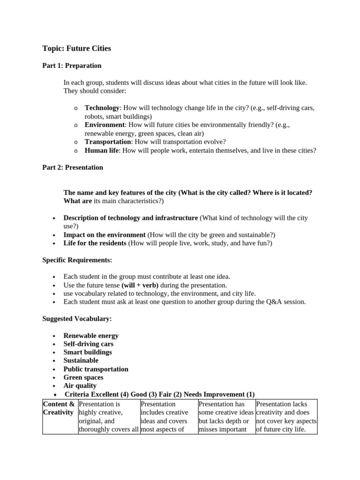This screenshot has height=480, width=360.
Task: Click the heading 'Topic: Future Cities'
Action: click(76, 48)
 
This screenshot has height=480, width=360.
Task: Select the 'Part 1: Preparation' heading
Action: click(72, 66)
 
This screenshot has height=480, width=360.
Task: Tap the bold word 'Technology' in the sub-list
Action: click(102, 108)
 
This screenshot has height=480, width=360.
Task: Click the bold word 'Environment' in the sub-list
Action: click(105, 125)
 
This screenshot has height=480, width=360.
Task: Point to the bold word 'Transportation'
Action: click(107, 142)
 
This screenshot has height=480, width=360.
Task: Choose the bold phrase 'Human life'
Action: click(101, 150)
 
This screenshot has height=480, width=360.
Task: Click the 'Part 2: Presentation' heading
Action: click(73, 167)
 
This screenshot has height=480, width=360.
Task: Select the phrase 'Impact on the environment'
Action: click(105, 235)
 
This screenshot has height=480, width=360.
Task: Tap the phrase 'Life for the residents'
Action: click(95, 243)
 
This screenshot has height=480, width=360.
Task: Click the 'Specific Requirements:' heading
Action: click(77, 260)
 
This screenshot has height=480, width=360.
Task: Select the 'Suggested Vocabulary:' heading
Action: click(77, 319)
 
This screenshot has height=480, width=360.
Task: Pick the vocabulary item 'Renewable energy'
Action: click(91, 336)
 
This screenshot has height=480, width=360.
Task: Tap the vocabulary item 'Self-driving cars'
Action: click(89, 344)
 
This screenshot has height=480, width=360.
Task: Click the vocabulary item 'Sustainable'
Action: click(81, 360)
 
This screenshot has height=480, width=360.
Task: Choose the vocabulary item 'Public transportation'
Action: click(96, 369)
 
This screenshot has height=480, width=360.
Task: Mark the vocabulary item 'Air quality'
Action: click(80, 386)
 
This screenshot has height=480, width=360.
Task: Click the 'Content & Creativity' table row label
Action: click(59, 408)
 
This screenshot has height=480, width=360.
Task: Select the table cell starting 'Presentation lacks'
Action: click(286, 417)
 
